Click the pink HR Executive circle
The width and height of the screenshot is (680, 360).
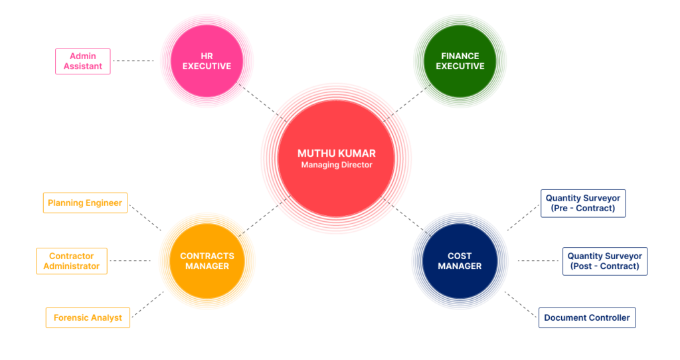207,61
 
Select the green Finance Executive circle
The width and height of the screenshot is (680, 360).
460,61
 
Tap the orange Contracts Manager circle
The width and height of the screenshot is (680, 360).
207,261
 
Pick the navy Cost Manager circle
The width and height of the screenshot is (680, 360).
460,261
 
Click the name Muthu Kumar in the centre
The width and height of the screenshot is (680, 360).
336,153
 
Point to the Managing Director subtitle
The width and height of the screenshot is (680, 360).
336,165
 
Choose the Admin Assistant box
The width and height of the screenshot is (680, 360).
82,61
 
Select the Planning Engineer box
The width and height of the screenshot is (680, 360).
85,203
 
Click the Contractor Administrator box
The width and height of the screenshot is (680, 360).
71,261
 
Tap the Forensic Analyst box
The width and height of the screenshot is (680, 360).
88,317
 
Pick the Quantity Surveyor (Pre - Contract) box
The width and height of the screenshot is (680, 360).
583,203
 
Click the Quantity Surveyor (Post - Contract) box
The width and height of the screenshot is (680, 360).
604,261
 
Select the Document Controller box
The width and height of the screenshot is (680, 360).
586,317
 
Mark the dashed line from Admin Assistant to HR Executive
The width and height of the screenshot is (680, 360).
133,61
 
